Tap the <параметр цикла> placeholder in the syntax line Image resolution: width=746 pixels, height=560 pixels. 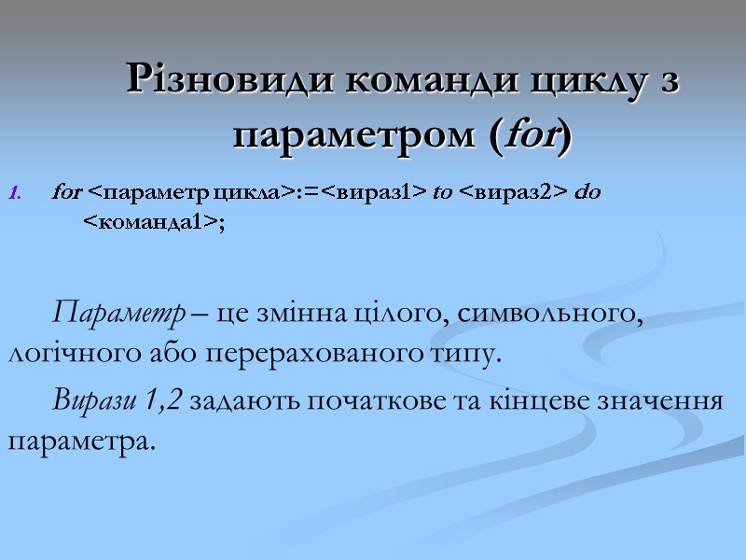pyautogui.click(x=189, y=193)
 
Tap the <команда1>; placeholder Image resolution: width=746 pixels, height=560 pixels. pyautogui.click(x=155, y=220)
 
